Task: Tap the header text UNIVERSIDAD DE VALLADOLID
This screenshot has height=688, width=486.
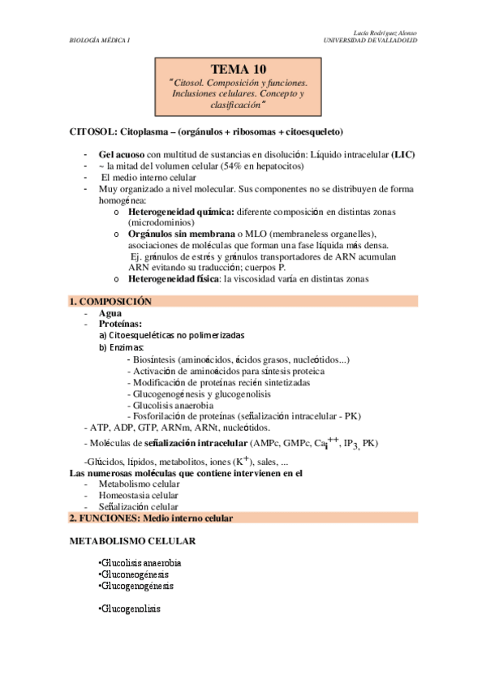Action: pos(370,39)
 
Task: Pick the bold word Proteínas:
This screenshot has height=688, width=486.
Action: pos(120,323)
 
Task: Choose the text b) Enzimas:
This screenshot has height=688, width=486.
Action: pos(122,346)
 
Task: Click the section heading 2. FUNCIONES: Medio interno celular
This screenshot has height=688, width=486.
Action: pos(151,518)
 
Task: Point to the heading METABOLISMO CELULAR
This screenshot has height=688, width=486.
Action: pos(132,540)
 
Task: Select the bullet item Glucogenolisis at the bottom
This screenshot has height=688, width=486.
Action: pos(131,608)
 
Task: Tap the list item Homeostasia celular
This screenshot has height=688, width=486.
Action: pos(139,495)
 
